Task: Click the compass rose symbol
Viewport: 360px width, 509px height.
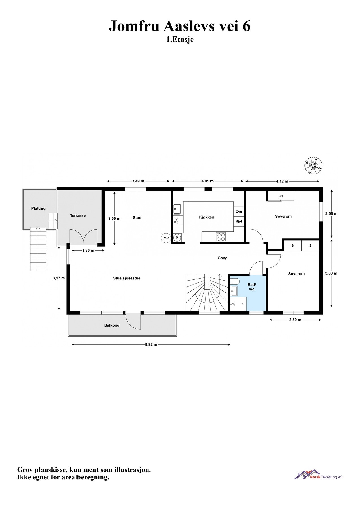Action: click(x=313, y=165)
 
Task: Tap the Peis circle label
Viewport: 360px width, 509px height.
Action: click(x=166, y=238)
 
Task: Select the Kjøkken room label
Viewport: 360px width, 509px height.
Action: click(x=206, y=217)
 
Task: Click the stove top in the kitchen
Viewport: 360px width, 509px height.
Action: click(x=221, y=236)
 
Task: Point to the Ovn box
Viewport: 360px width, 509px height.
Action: click(x=239, y=212)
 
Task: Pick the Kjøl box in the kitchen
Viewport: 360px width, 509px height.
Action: click(x=239, y=221)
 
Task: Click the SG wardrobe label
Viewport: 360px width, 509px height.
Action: click(x=281, y=196)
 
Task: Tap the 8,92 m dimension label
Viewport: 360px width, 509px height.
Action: click(x=151, y=344)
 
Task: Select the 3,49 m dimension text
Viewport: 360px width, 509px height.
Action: click(x=138, y=181)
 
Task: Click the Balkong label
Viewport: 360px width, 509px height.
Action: click(x=112, y=325)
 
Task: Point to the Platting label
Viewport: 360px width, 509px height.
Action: click(x=38, y=208)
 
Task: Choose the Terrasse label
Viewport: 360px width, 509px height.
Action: click(x=78, y=215)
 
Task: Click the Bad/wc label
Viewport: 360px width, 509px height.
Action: click(x=252, y=287)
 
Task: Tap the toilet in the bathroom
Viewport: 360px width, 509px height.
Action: click(x=235, y=281)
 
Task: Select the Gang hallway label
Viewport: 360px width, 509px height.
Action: click(x=222, y=258)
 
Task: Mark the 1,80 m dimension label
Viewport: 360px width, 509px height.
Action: click(x=88, y=250)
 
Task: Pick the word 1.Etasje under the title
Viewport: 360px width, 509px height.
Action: click(x=180, y=40)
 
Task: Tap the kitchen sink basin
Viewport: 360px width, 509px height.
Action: click(x=177, y=209)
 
